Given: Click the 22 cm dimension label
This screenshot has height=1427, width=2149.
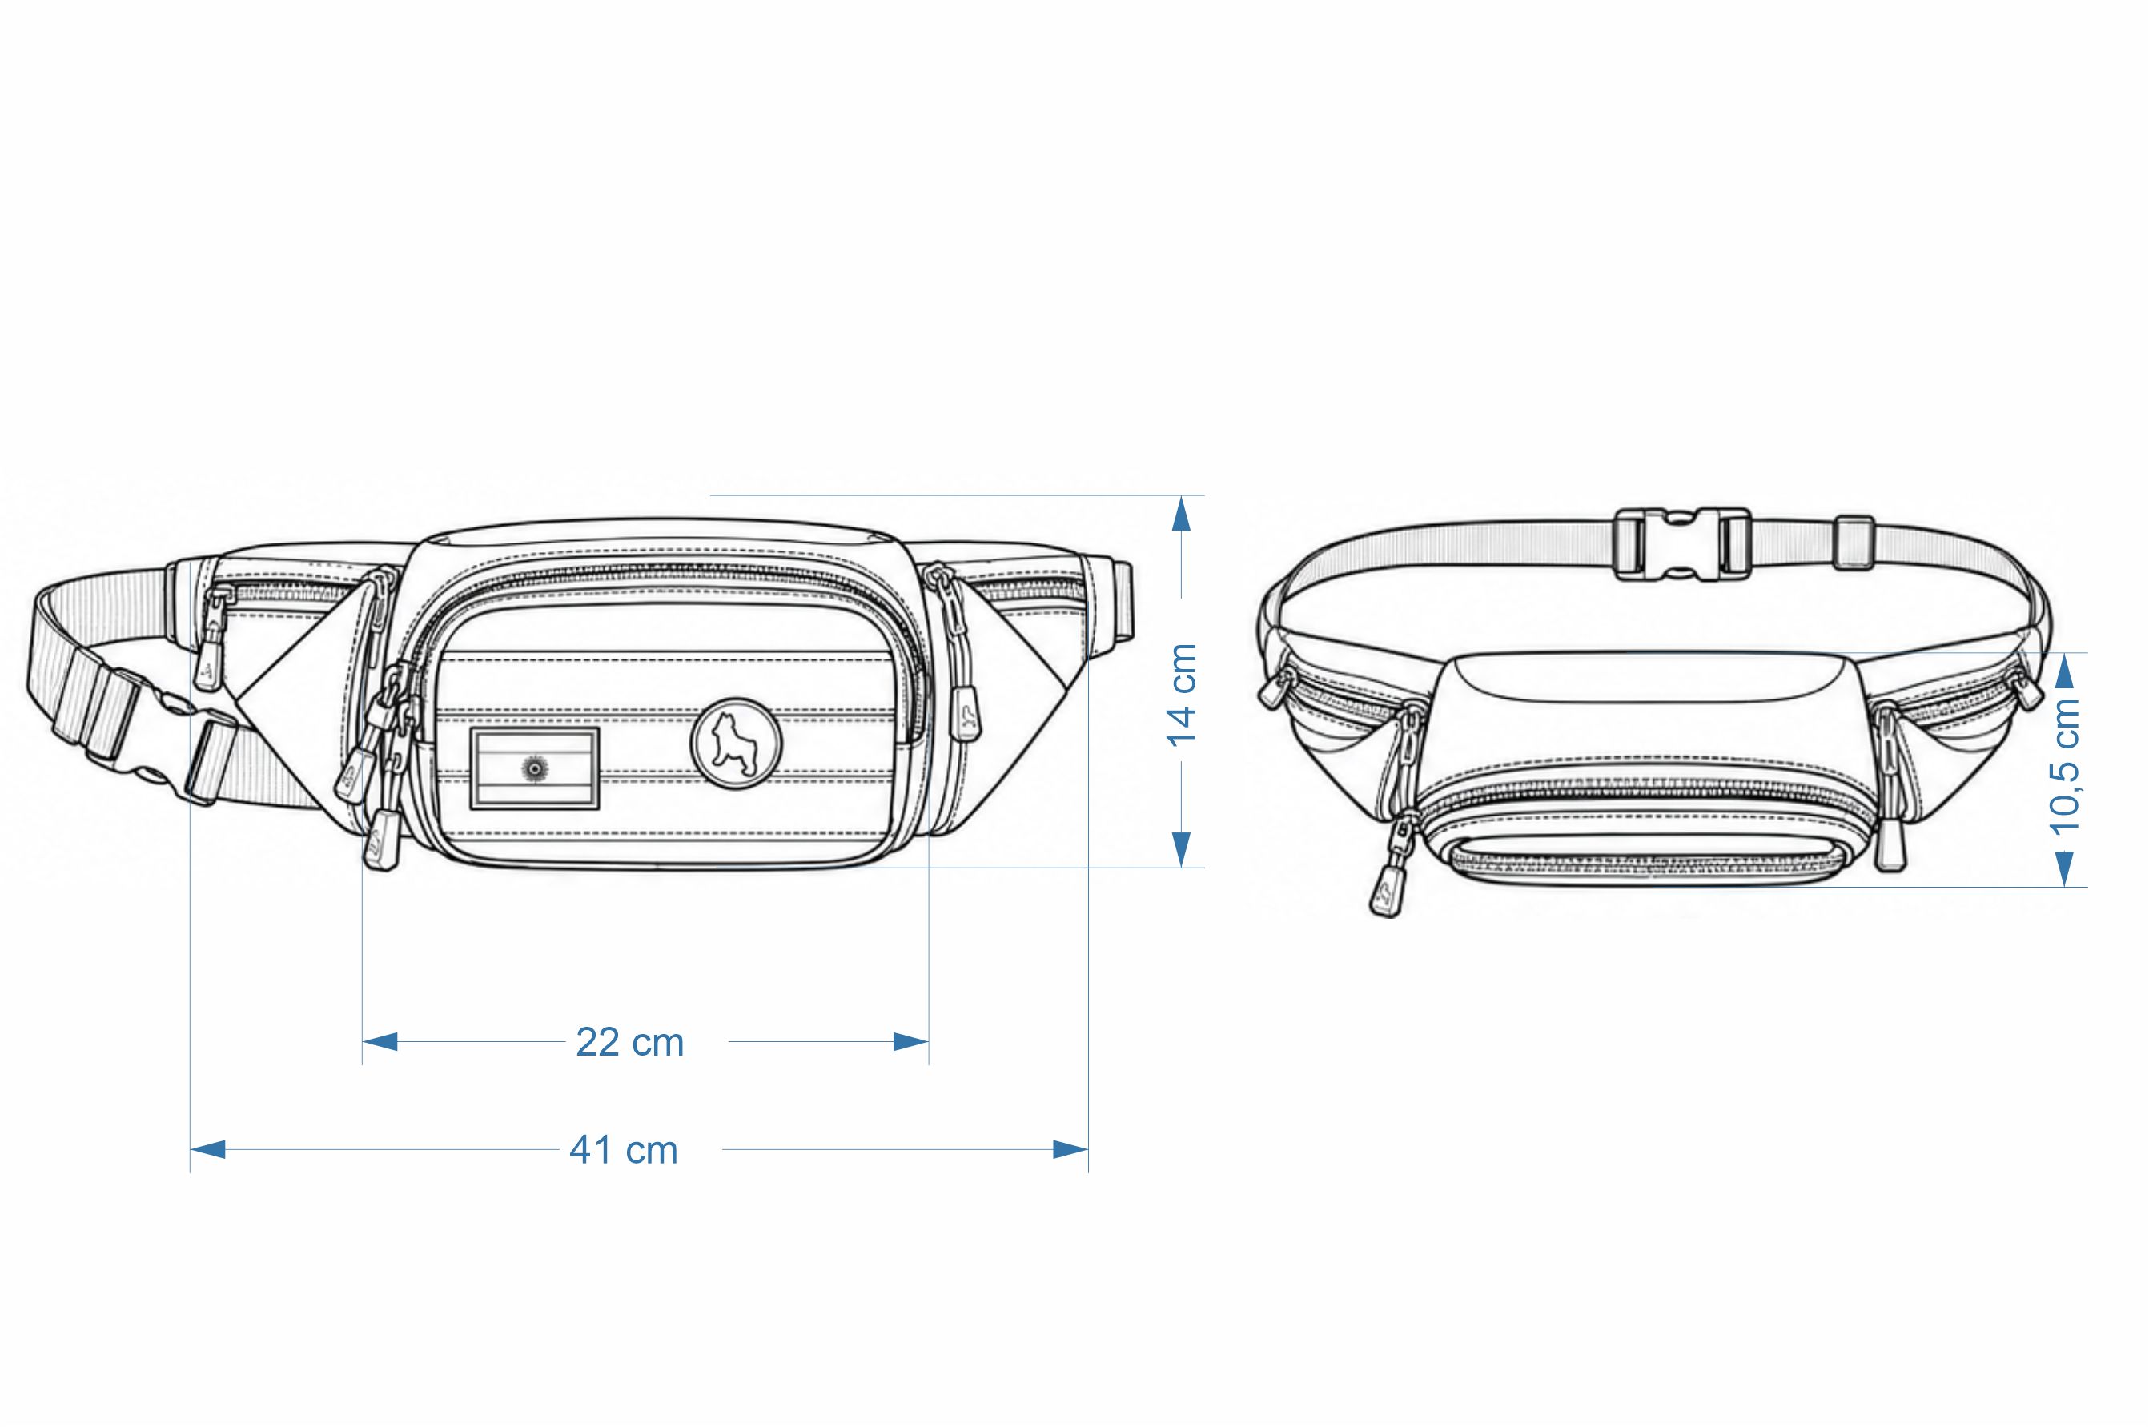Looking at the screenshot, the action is pos(630,1042).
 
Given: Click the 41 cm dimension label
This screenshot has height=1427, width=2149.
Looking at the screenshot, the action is pos(624,1150).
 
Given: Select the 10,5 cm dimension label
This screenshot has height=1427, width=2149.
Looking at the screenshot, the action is pos(2065,766).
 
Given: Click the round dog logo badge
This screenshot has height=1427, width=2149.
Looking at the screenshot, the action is pos(737,744).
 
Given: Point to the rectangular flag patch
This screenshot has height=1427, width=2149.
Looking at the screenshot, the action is pos(535,768).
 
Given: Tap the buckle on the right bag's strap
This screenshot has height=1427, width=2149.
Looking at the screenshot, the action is pos(1681,544).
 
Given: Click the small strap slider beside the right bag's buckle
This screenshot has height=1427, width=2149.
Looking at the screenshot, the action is pos(1854,543).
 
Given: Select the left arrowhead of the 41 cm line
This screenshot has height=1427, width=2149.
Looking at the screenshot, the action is pos(207,1149).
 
